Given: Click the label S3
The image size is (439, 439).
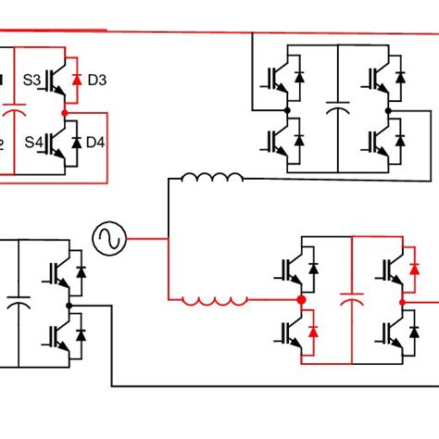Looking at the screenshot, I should pos(31,81).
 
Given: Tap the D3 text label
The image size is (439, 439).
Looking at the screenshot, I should pos(96,81).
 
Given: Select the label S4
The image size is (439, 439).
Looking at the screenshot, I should pos(31,142).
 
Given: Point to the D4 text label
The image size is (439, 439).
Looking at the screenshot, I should pos(96,142).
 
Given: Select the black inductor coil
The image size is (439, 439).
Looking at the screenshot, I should pos(212,178).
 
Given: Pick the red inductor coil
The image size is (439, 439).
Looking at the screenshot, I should pos(214,300).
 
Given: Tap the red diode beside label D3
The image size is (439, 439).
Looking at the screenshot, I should pos(78,81).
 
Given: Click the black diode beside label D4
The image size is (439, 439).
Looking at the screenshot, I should pos(78,142).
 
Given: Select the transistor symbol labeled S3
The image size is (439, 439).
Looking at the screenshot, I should pos(56,81).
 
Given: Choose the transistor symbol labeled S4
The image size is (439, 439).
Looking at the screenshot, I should pos(56,142).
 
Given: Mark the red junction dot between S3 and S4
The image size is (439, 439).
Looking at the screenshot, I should pos(64,112).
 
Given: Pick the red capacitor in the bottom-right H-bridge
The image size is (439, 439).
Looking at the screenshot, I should pos(352,300).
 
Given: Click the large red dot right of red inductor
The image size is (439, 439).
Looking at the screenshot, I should pos(301,300).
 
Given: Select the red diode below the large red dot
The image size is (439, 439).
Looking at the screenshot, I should pos(313,331).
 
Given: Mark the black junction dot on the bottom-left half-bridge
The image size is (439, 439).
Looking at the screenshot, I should pos(69,303).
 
